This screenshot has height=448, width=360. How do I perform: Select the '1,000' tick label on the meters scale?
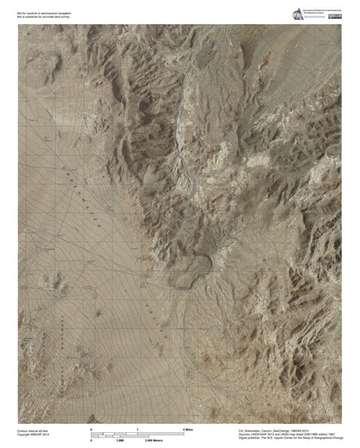pos(119,440)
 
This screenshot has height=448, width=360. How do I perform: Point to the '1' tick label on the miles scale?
pos(138,428)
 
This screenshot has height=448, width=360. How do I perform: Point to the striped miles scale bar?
pos(138,433)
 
